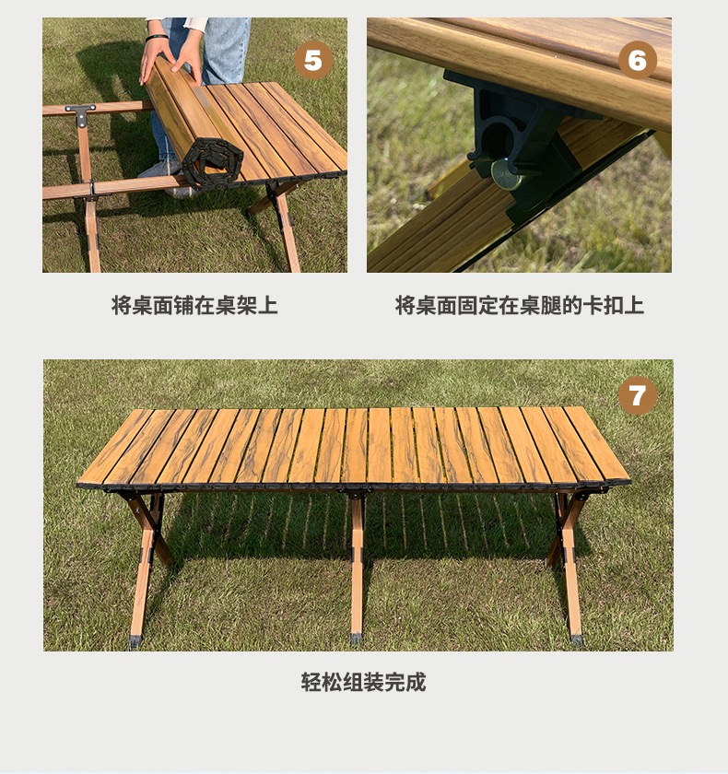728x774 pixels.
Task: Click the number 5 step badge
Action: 313,60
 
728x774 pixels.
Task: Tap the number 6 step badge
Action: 637,60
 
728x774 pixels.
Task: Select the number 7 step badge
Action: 638,396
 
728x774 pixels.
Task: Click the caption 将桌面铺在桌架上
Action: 194,306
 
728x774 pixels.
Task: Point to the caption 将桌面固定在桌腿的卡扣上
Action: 519,306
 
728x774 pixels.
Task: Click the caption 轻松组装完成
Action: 363,682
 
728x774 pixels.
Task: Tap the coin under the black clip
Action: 505,174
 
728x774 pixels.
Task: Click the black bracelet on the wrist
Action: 156,37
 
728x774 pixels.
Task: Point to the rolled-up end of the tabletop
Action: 212,162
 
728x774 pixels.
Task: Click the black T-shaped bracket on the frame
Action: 81,114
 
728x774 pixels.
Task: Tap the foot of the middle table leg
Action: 356,639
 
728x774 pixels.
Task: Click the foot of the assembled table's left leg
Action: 135,641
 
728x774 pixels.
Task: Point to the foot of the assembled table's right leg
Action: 577,639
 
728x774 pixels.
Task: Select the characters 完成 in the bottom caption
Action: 405,682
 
